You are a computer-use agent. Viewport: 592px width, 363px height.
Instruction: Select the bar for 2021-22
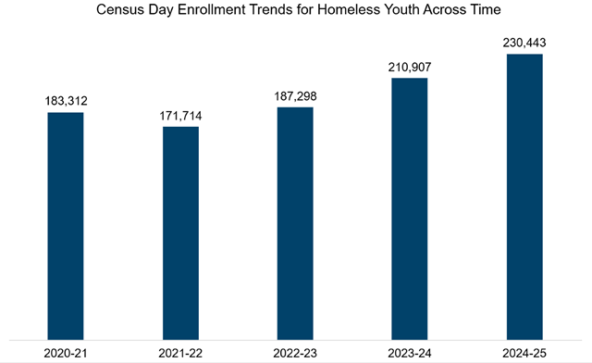(x=181, y=232)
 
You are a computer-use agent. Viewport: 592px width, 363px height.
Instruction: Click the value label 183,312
(x=66, y=100)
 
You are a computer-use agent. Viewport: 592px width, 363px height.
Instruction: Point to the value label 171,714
(x=181, y=114)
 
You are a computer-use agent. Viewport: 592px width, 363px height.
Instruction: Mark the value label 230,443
(x=525, y=42)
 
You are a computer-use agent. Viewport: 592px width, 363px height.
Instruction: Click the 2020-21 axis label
(x=66, y=352)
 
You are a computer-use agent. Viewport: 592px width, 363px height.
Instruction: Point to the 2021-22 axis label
(x=181, y=352)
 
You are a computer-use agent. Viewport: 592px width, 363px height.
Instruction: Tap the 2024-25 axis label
(x=525, y=352)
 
